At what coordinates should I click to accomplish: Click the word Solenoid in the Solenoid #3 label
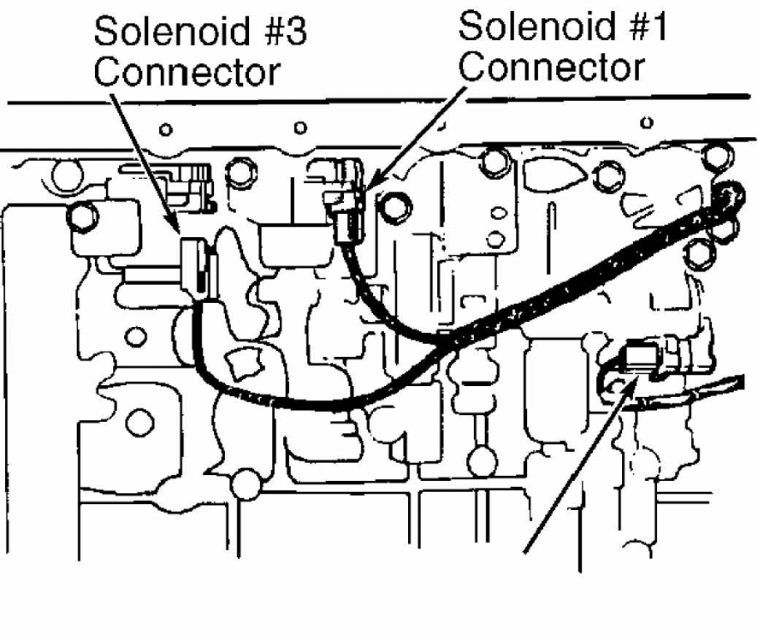coord(172,31)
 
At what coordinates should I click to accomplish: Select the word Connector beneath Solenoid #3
coord(187,72)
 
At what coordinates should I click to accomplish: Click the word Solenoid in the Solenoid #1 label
coord(536,27)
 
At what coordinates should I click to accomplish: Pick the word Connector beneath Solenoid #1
coord(552,67)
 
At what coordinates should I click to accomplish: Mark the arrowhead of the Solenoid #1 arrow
coord(372,182)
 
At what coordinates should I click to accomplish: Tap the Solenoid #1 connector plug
coord(345,203)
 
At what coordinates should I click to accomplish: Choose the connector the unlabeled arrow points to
coord(642,360)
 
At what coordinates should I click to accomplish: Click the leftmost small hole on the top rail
coord(166,129)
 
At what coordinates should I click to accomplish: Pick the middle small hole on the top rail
coord(300,128)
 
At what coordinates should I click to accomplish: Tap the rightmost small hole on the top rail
coord(647,123)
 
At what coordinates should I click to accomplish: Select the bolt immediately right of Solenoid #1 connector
coord(396,207)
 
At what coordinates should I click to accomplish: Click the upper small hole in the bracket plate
coord(499,212)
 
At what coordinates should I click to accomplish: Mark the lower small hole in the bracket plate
coord(495,239)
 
